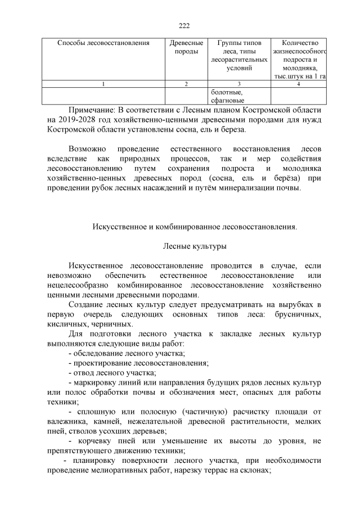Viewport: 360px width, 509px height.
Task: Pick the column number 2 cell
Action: [x=186, y=84]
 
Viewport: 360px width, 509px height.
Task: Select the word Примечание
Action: [x=94, y=109]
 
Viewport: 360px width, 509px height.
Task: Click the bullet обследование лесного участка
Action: [x=126, y=353]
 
